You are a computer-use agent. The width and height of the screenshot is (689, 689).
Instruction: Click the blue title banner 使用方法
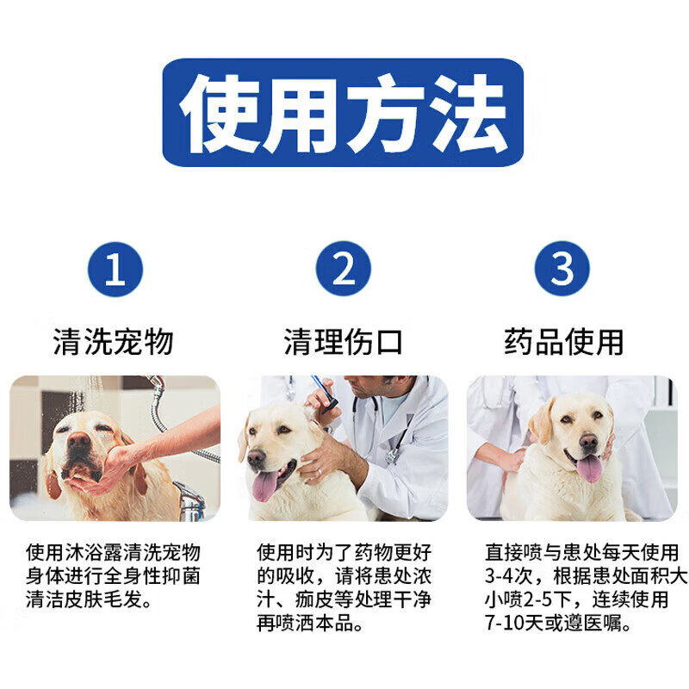pos(343,113)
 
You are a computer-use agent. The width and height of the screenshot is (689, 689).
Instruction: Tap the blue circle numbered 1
pos(115,269)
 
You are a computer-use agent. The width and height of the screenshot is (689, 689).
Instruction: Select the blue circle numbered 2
pos(343,268)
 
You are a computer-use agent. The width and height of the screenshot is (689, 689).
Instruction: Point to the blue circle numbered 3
pos(562,268)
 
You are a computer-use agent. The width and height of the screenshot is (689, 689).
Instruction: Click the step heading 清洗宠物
pos(114,341)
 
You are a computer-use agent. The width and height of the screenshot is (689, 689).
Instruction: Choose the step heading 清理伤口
pos(343,341)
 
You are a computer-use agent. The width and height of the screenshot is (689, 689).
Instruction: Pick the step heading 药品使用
pos(564,341)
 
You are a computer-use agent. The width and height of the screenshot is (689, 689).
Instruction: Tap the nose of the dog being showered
pos(78,440)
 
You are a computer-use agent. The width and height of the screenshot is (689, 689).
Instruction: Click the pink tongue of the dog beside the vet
pos(265,486)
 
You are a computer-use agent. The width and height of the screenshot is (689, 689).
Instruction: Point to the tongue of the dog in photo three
pos(589,469)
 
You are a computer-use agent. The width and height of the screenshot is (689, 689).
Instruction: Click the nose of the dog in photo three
pos(588,441)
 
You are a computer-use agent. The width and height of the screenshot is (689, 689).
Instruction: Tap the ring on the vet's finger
pos(320,472)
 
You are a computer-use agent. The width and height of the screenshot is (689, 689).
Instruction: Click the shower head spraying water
pos(156,382)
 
